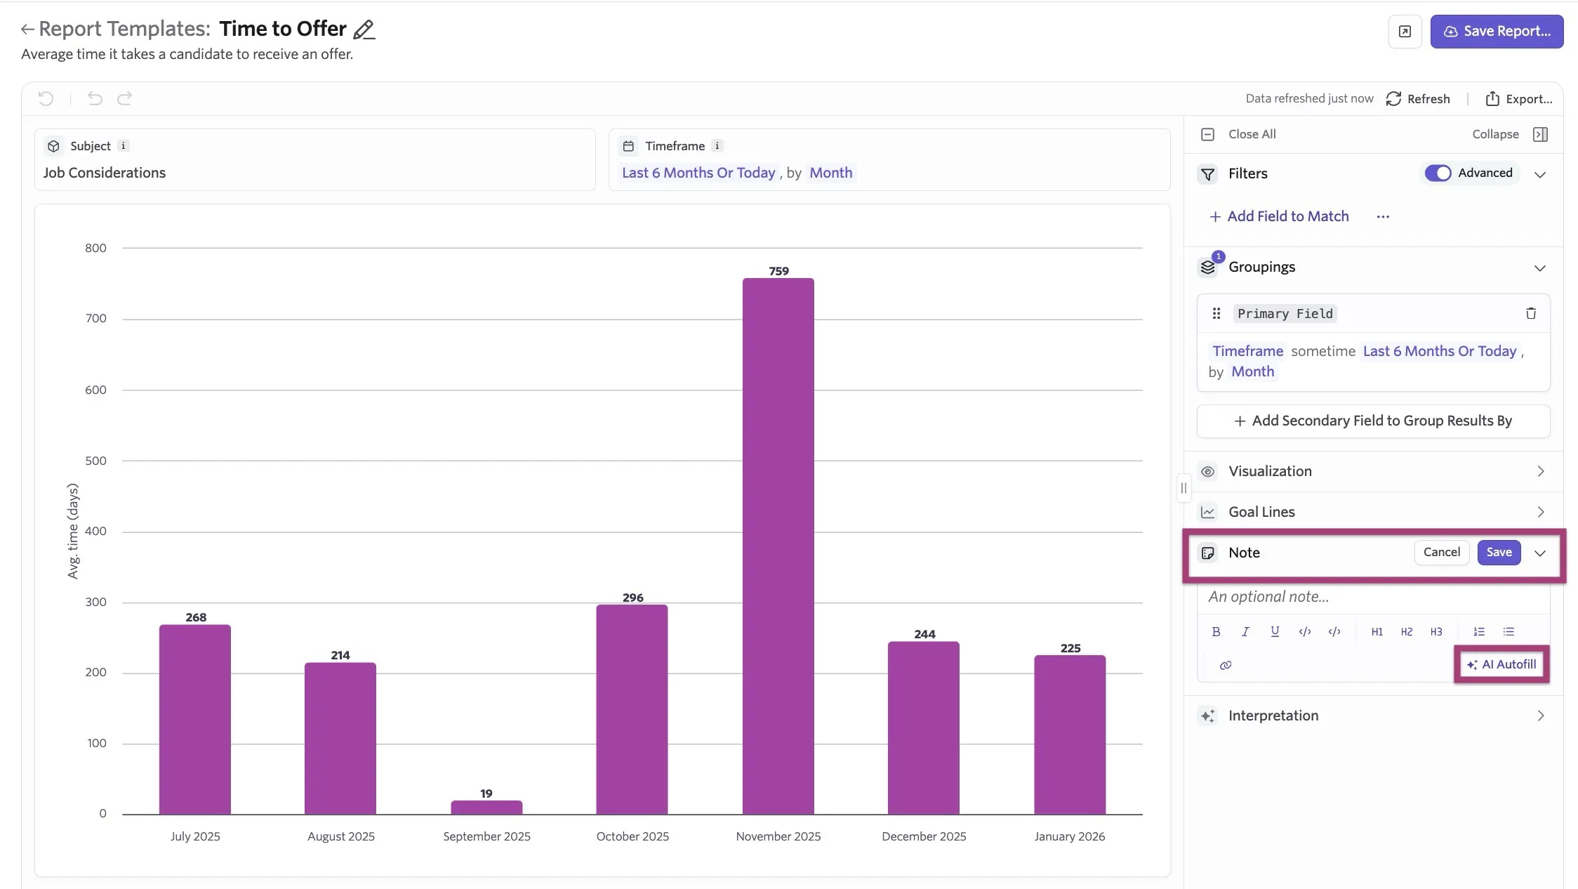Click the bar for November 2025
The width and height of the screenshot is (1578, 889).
click(778, 546)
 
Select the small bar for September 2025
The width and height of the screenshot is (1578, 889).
click(486, 808)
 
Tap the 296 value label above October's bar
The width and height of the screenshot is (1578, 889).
click(632, 598)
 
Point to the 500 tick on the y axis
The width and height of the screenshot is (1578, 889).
click(95, 461)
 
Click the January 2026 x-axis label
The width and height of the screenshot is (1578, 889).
click(1069, 836)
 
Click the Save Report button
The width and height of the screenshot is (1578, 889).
click(1497, 32)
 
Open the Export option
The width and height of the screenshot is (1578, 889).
click(1519, 99)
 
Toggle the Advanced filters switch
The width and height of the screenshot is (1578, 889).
click(1438, 173)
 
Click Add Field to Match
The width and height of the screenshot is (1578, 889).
click(1279, 216)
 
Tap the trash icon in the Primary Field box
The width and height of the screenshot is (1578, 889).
click(1531, 314)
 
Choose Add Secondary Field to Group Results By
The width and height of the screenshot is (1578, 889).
click(1373, 421)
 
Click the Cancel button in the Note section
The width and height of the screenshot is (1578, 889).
click(1441, 553)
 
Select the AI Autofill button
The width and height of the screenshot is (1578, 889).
click(1501, 664)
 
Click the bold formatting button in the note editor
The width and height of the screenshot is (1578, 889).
click(1216, 632)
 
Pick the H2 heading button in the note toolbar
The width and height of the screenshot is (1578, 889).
click(1406, 632)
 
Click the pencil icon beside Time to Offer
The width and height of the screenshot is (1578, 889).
click(364, 29)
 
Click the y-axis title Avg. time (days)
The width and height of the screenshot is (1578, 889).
click(73, 531)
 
